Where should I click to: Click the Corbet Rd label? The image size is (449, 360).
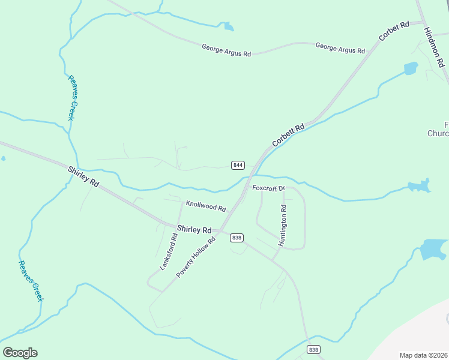[x=394, y=31]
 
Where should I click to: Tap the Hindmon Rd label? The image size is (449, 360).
[x=433, y=47]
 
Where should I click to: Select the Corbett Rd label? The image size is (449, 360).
[x=289, y=135]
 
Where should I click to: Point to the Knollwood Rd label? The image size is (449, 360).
[x=206, y=206]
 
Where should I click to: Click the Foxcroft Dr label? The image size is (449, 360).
[x=268, y=188]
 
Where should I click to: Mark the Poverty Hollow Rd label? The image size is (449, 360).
[x=196, y=257]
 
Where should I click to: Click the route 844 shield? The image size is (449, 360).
[x=238, y=165]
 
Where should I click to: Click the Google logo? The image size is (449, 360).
[x=20, y=353]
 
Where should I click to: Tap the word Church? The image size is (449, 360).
[x=438, y=133]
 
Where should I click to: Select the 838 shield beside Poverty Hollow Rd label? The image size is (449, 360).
[x=237, y=238]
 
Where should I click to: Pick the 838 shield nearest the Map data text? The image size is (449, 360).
[x=313, y=350]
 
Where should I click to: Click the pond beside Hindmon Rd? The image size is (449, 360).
[x=411, y=68]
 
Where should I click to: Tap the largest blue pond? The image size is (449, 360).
[x=433, y=249]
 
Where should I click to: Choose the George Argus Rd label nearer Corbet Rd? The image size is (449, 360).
[x=340, y=48]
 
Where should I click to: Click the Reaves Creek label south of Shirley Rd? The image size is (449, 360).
[x=31, y=280]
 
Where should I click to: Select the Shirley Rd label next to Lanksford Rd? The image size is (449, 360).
[x=194, y=230]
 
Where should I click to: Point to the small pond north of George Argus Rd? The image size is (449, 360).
[x=228, y=26]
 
